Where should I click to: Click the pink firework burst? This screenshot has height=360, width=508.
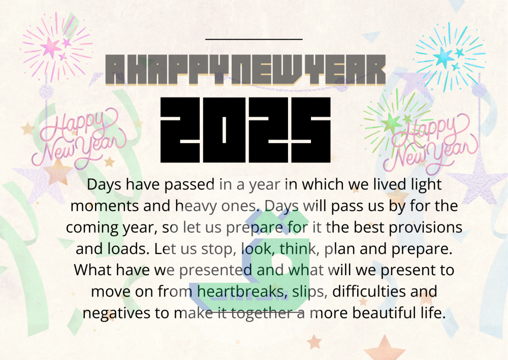(x=57, y=47)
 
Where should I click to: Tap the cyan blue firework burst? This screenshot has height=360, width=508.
(x=450, y=57)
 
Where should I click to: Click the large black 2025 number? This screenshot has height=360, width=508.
(x=245, y=130)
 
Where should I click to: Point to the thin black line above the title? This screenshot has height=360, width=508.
(x=254, y=39)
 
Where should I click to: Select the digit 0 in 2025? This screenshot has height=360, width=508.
(x=224, y=130)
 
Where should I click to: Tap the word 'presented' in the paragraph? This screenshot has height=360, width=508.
(x=216, y=270)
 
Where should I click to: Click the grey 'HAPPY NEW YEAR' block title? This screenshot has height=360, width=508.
(x=245, y=70)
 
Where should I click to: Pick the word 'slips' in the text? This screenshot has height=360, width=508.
(x=307, y=292)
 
